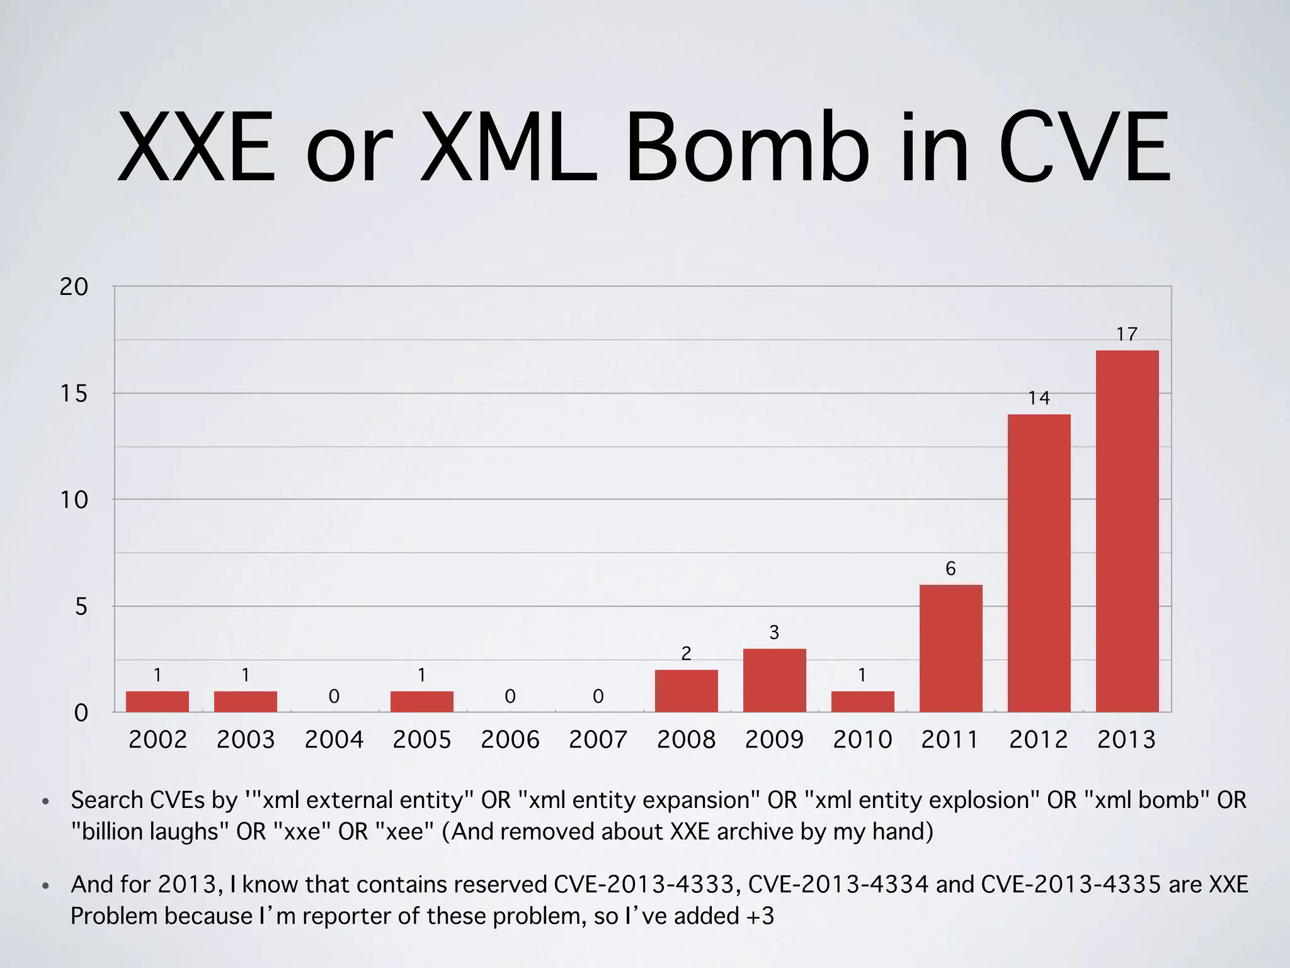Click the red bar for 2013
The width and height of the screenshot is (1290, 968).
click(x=1127, y=531)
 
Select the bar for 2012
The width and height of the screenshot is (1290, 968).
click(x=1039, y=563)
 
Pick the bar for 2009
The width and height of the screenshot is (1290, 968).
click(x=774, y=680)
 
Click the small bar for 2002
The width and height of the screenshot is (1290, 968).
click(x=157, y=701)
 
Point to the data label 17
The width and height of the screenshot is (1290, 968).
click(x=1127, y=334)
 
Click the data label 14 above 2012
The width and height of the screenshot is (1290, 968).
click(x=1039, y=398)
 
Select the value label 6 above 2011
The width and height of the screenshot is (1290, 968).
click(x=950, y=568)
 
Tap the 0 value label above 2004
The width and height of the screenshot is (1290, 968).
click(x=334, y=696)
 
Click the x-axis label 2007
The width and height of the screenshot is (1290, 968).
click(x=598, y=739)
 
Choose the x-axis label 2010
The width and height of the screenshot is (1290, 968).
click(x=862, y=739)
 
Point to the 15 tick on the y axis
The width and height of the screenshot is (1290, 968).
click(x=74, y=394)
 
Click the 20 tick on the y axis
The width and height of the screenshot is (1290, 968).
click(x=74, y=287)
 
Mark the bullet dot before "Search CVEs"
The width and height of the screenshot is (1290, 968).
click(x=45, y=802)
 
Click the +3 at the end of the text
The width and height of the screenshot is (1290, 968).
click(x=760, y=916)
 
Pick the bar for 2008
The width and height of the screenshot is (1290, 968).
click(x=686, y=691)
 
